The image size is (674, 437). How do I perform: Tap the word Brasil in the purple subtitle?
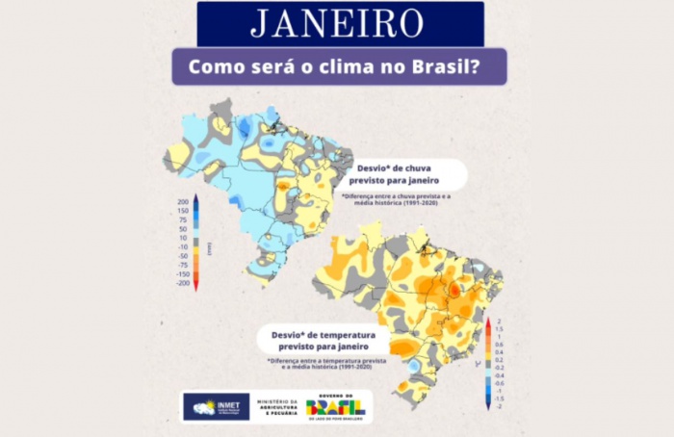tap(439, 69)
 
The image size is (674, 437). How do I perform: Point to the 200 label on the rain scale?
tap(182, 202)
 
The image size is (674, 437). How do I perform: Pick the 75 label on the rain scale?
tap(183, 219)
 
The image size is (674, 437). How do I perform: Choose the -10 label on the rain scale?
tap(182, 247)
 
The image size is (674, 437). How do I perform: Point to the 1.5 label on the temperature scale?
tap(499, 328)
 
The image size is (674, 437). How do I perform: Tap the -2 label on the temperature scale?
tap(499, 407)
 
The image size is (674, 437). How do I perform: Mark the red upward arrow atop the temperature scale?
tap(488, 322)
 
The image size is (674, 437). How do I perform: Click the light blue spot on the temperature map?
tap(413, 367)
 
